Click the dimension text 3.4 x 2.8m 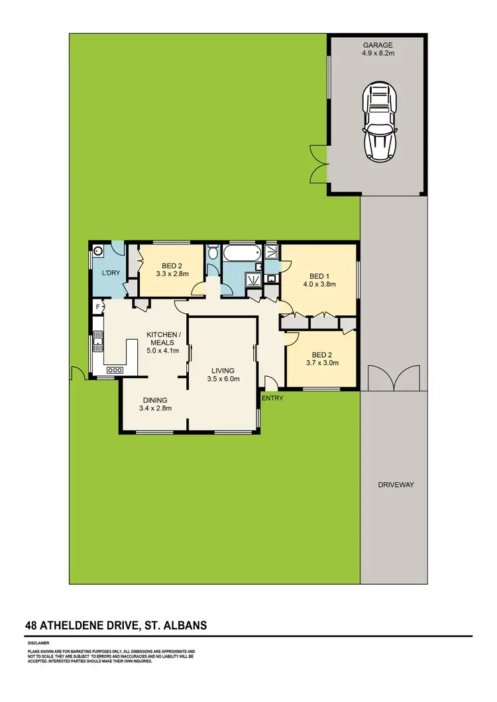click(155, 409)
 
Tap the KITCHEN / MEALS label click(162, 338)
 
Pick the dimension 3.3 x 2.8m click(172, 274)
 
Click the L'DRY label click(110, 273)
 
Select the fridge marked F click(97, 307)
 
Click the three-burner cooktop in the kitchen click(113, 370)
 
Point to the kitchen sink click(98, 341)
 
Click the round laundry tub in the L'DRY click(99, 251)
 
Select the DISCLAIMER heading click(38, 642)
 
